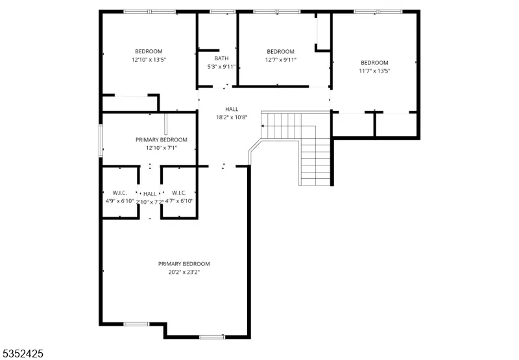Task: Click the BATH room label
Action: [x=221, y=58]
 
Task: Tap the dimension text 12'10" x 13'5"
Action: [x=149, y=60]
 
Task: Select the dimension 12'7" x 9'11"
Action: [x=281, y=60]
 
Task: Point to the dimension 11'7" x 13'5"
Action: [x=375, y=71]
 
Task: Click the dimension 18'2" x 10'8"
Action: [x=232, y=117]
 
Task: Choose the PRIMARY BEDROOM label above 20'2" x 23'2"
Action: [x=184, y=264]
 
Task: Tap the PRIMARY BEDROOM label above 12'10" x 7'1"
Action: [x=162, y=140]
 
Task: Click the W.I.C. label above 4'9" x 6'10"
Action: [x=119, y=193]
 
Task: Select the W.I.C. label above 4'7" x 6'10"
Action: [x=179, y=193]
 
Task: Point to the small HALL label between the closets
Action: [x=150, y=194]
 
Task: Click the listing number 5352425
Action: [x=22, y=354]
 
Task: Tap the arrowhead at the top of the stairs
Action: [x=263, y=126]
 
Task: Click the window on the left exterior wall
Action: [x=101, y=141]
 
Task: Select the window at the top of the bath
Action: [x=223, y=12]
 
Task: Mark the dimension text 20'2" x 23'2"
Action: [x=184, y=272]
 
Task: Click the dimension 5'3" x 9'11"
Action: [x=221, y=67]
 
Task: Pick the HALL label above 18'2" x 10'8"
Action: [x=232, y=109]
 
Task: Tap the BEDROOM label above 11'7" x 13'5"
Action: [x=375, y=63]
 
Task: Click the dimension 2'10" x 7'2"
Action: [x=150, y=202]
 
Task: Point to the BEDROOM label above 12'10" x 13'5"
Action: [x=149, y=52]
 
